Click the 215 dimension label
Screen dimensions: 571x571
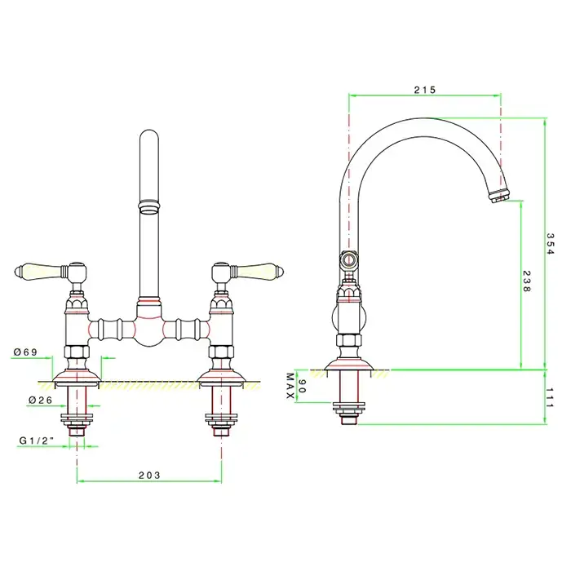tap(425, 90)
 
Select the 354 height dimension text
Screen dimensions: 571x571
tap(550, 244)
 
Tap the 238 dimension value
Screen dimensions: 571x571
tap(527, 281)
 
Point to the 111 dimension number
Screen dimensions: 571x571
tap(550, 398)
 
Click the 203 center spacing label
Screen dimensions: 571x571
tap(149, 475)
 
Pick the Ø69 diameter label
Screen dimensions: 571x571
tap(25, 352)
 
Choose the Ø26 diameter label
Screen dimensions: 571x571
tap(41, 400)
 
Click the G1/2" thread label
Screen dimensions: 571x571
tap(37, 440)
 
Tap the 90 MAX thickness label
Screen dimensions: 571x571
tap(295, 386)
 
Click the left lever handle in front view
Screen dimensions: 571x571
tap(51, 272)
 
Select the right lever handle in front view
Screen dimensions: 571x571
tap(248, 271)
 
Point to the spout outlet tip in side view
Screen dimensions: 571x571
tap(500, 197)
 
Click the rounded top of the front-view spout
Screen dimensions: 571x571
tap(149, 135)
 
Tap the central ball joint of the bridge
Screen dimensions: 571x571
tap(149, 330)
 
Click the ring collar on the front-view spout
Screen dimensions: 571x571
tap(149, 206)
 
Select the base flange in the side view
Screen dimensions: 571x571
tap(349, 365)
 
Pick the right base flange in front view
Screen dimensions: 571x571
tap(221, 377)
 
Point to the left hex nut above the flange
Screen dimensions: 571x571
tap(77, 352)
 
